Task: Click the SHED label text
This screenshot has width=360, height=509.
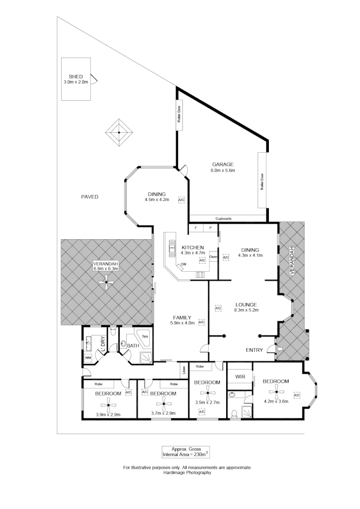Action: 75,77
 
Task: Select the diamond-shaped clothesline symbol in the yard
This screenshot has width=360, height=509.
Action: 119,133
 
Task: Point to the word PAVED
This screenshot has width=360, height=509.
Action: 90,196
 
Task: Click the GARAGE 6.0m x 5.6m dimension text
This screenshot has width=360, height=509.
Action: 223,171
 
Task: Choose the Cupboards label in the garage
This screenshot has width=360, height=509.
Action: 223,219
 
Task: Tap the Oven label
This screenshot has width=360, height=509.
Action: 213,257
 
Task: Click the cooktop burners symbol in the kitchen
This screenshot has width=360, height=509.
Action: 200,275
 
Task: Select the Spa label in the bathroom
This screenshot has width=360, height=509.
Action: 145,336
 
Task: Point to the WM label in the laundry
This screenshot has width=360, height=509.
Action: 88,358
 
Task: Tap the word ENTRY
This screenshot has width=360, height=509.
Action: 255,350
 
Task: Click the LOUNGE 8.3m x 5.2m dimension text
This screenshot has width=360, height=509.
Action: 246,310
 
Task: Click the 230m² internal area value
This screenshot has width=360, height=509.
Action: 191,454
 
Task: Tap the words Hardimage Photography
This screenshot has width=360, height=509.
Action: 187,473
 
